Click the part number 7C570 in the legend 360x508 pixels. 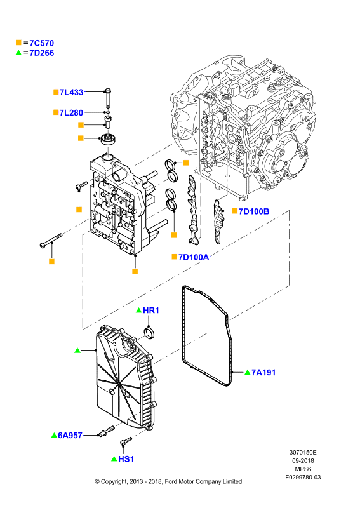pyautogui.click(x=41, y=43)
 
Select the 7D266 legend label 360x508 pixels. pyautogui.click(x=41, y=53)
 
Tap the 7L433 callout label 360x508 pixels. pyautogui.click(x=71, y=92)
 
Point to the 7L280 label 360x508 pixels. pyautogui.click(x=71, y=113)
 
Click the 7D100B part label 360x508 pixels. pyautogui.click(x=254, y=211)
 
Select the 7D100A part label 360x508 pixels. pyautogui.click(x=194, y=257)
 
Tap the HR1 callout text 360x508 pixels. pyautogui.click(x=151, y=311)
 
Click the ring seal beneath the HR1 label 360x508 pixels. pyautogui.click(x=149, y=333)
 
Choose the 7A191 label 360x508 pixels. pyautogui.click(x=263, y=373)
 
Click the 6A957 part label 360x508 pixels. pyautogui.click(x=70, y=436)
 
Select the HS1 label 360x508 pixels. pyautogui.click(x=126, y=459)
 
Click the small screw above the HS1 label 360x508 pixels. pyautogui.click(x=126, y=441)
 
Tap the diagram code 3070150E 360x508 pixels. pyautogui.click(x=303, y=453)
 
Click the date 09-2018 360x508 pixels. pyautogui.click(x=303, y=461)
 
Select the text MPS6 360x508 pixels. pyautogui.click(x=303, y=469)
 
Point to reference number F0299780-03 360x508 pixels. pyautogui.click(x=303, y=478)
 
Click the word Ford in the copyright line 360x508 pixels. pyautogui.click(x=171, y=482)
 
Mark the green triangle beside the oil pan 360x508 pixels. pyautogui.click(x=77, y=351)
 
